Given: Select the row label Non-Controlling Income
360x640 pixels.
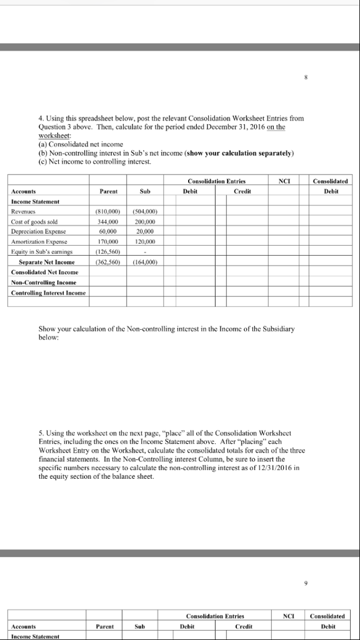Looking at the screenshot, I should pos(42,282).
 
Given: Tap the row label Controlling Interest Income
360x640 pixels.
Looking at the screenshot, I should pos(47,292).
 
